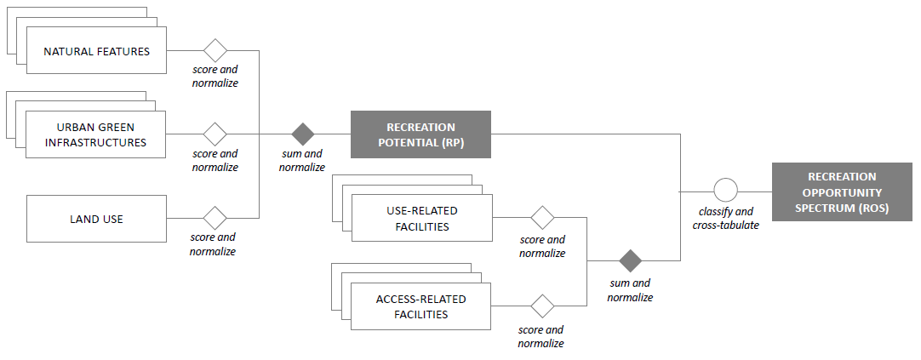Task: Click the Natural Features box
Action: tap(97, 51)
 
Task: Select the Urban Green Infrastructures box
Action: tap(95, 134)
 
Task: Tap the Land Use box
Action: tap(97, 219)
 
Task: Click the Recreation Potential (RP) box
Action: tap(420, 134)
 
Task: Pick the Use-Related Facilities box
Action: tap(421, 218)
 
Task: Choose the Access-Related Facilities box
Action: tap(420, 306)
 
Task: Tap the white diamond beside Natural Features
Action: tap(215, 50)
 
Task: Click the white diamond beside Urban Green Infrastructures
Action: tap(215, 134)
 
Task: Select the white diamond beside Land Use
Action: tap(215, 219)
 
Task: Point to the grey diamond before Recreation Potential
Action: tap(303, 134)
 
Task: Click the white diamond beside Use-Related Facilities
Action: tap(543, 218)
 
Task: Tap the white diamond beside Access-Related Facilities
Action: tap(543, 306)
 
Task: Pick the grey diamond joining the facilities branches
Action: tap(631, 260)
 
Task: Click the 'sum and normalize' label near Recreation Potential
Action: tap(302, 160)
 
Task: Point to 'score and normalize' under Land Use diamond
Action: tap(213, 244)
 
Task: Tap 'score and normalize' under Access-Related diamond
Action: tap(541, 336)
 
